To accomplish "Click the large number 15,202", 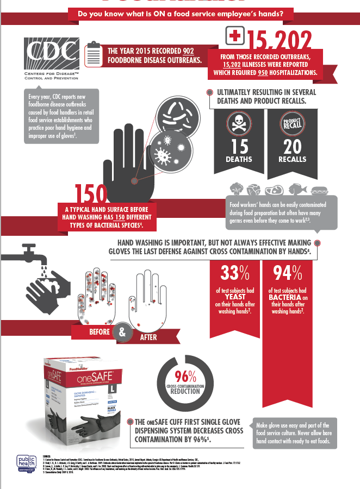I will [280, 41].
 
